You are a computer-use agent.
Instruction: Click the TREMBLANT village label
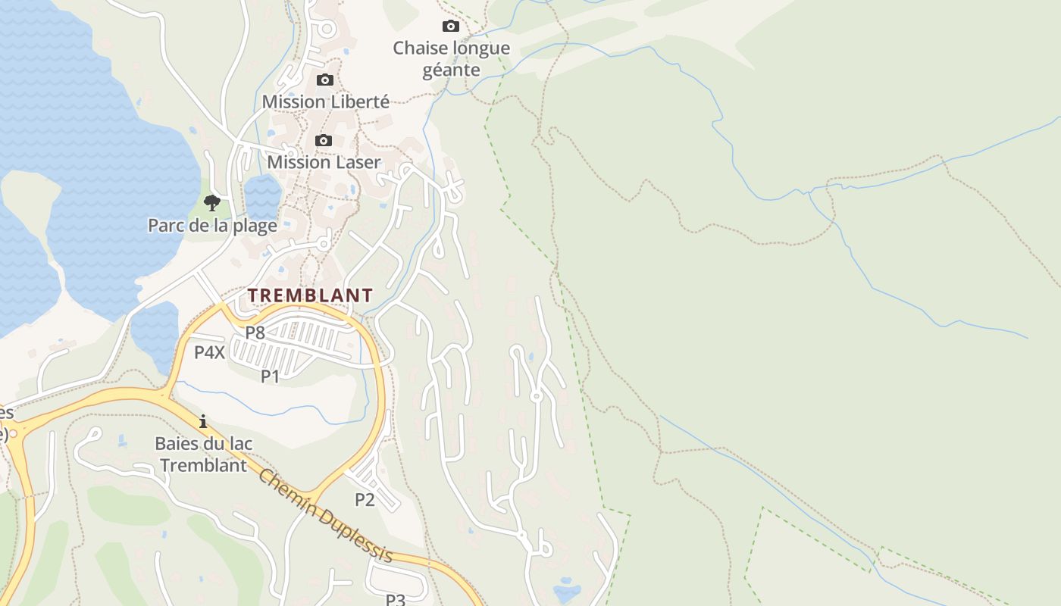point(311,295)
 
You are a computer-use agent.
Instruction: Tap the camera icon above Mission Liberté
point(324,80)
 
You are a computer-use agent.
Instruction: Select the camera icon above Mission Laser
point(323,140)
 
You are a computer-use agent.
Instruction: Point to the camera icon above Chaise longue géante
point(451,27)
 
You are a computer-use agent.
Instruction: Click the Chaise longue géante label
point(451,59)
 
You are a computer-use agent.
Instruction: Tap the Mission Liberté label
point(325,102)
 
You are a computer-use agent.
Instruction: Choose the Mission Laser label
point(324,162)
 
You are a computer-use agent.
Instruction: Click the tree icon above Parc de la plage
point(212,202)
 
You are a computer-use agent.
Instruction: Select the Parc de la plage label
point(212,225)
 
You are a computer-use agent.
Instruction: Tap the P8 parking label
point(255,332)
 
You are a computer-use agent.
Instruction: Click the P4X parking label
point(209,352)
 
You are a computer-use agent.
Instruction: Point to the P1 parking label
point(271,376)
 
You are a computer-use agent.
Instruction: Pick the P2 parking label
point(365,499)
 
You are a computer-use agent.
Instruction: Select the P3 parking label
point(396,599)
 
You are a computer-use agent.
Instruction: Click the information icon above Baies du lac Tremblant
point(203,421)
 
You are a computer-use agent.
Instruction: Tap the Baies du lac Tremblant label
point(203,454)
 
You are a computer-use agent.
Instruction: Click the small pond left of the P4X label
point(155,333)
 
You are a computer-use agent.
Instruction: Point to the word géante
point(451,70)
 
